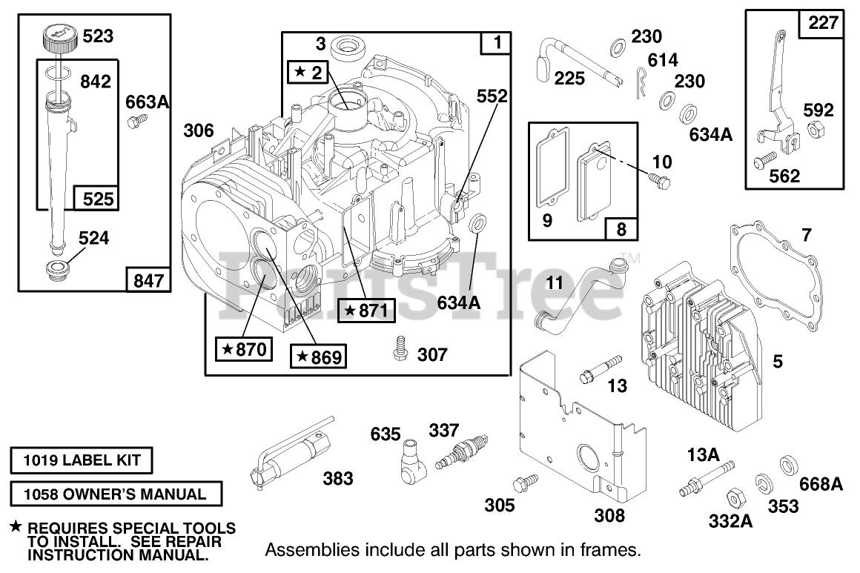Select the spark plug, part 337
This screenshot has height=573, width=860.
[x=454, y=454]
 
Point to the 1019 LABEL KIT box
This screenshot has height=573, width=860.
[x=82, y=460]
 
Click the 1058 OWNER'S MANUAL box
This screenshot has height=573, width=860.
[x=116, y=494]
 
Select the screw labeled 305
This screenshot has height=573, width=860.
[x=526, y=482]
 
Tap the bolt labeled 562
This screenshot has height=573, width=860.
[x=765, y=158]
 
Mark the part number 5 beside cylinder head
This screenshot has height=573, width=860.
[x=778, y=362]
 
